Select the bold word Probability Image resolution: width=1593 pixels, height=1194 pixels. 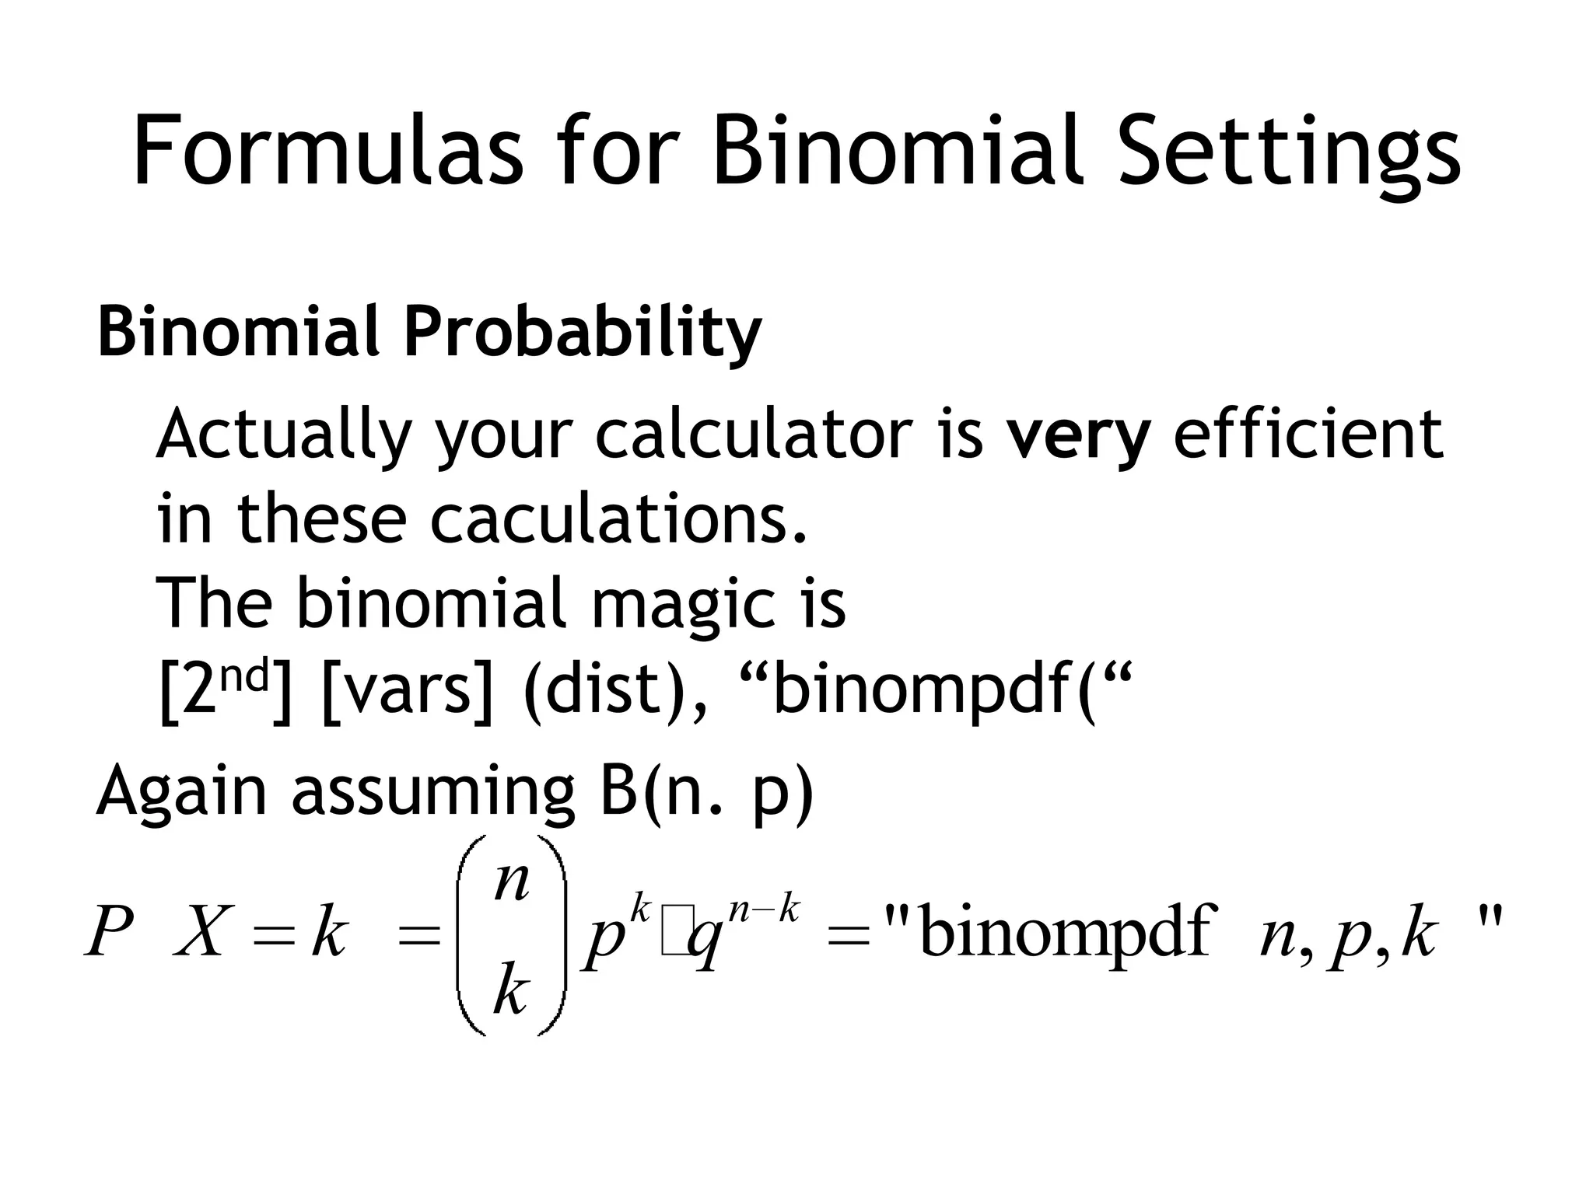pos(582,333)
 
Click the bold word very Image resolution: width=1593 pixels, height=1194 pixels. pos(1078,435)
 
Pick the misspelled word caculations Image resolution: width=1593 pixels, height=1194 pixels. pos(618,518)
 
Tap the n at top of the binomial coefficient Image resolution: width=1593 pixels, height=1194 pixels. pos(512,882)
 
